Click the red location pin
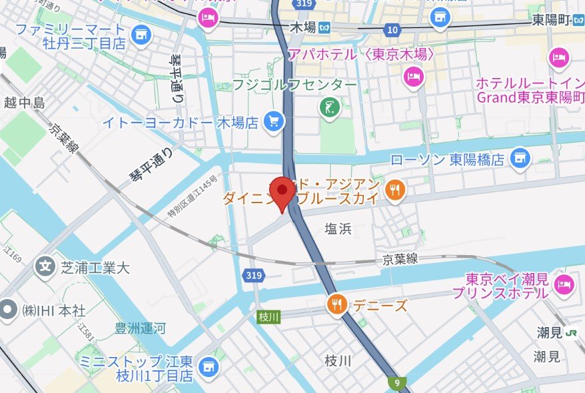[285, 191]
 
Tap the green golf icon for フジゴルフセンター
[328, 107]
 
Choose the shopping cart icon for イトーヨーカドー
[273, 122]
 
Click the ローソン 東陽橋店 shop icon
[519, 159]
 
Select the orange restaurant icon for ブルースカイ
[395, 191]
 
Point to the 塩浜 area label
[338, 229]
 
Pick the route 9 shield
[396, 382]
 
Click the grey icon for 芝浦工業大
[45, 268]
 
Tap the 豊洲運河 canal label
[140, 328]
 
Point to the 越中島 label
[24, 103]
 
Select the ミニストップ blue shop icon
[209, 365]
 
